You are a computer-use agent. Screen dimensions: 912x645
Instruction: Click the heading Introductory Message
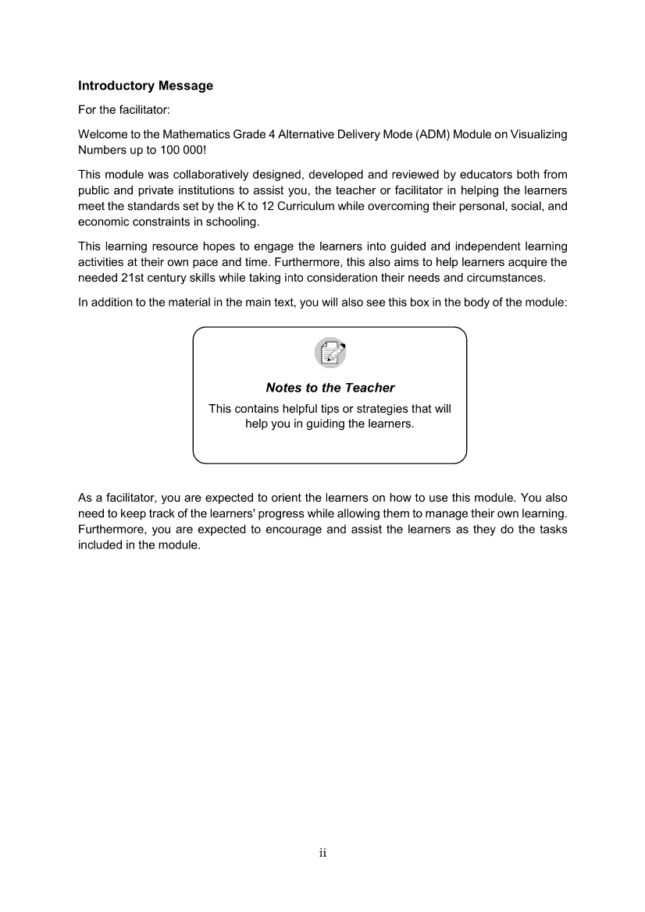click(145, 85)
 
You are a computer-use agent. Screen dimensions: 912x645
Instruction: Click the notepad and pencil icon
click(330, 353)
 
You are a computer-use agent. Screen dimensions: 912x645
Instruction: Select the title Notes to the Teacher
click(330, 388)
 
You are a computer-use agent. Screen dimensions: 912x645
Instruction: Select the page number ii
click(322, 853)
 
